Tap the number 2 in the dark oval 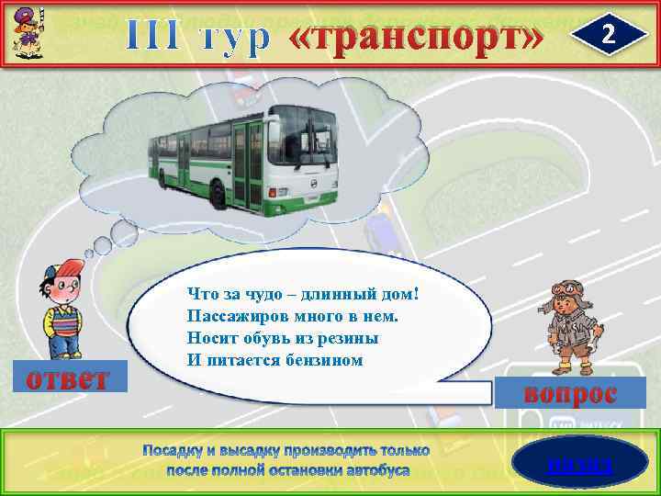[606, 35]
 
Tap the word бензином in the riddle [321, 360]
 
